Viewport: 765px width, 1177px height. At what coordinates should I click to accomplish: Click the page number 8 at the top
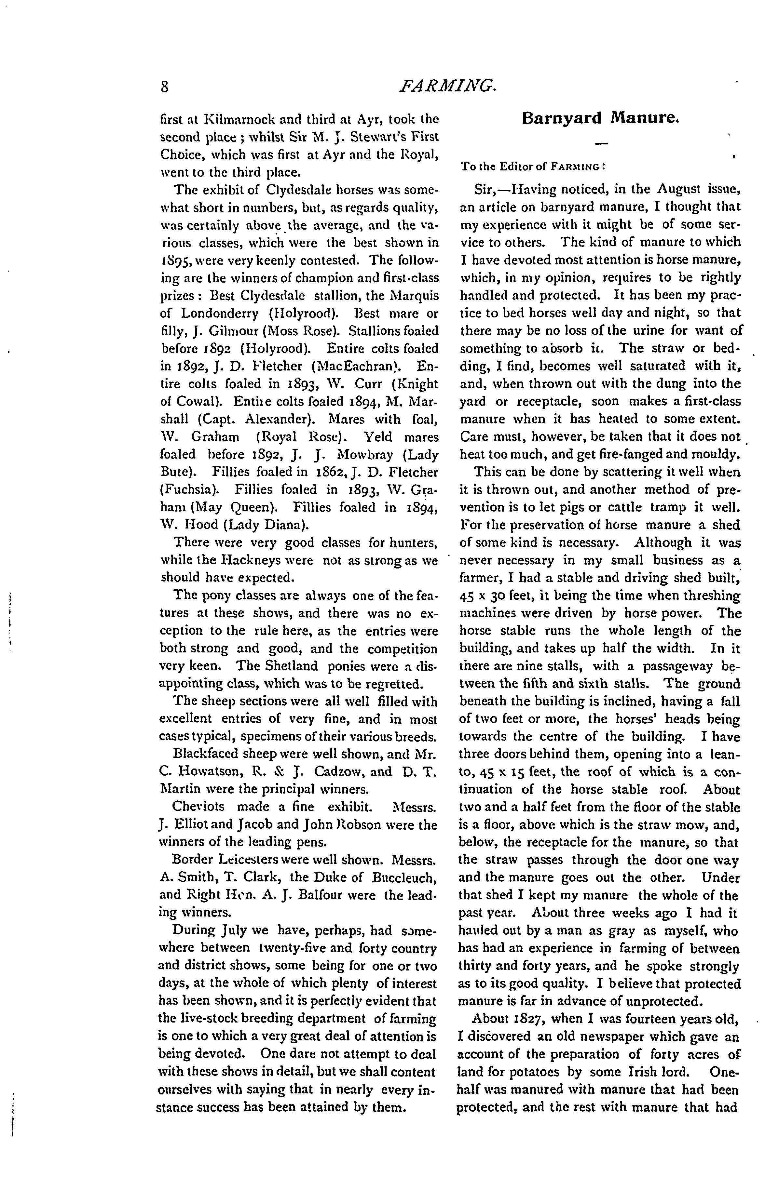click(165, 87)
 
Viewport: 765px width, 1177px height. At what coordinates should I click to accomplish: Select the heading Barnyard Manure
click(601, 119)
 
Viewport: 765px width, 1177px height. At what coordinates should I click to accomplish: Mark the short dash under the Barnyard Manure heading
click(601, 144)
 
